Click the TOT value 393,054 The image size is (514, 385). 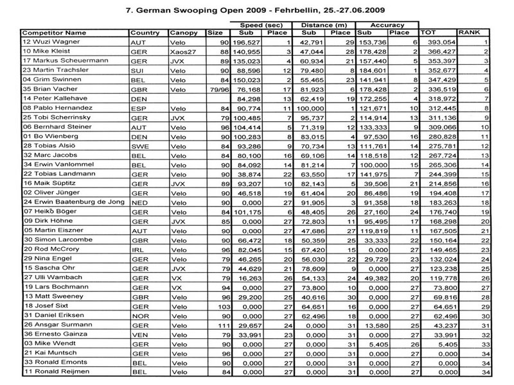[x=436, y=40]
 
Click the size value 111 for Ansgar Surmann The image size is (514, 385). [x=217, y=325]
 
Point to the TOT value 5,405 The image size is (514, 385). [x=443, y=344]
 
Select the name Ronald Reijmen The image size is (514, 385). [x=51, y=372]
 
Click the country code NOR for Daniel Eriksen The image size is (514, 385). [x=139, y=316]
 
